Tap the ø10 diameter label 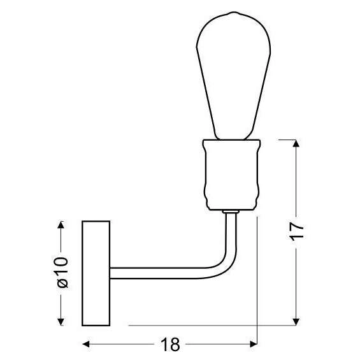62,272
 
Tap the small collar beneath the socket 231,211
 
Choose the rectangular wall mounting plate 96,273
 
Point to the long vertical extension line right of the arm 256,287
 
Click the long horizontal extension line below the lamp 210,325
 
